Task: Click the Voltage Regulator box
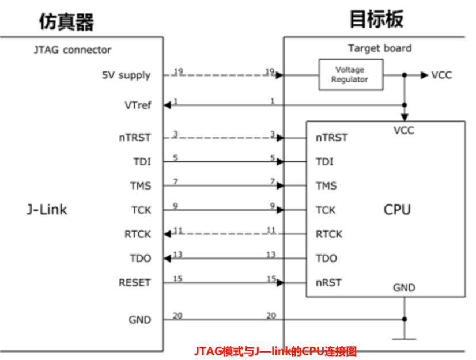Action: point(350,75)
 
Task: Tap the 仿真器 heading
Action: point(66,21)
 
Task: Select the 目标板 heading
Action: point(376,19)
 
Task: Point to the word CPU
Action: point(397,209)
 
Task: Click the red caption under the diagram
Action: point(275,350)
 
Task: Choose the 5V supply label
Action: point(126,75)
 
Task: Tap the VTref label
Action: point(137,105)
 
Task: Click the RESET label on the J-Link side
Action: point(134,282)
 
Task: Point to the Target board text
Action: point(380,48)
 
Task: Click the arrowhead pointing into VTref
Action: point(167,105)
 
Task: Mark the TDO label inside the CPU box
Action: point(326,258)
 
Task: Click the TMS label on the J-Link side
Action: point(141,185)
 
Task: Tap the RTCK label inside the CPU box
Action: point(328,234)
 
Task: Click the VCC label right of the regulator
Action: point(441,75)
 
